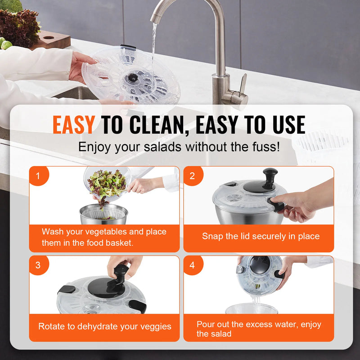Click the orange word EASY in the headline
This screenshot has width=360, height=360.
[x=73, y=124]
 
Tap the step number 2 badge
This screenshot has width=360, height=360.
[x=193, y=176]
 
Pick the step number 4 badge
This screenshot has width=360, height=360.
[x=193, y=265]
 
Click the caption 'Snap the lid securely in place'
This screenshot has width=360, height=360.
[x=261, y=236]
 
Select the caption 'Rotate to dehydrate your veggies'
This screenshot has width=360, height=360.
[x=104, y=326]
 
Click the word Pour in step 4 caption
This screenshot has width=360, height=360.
[x=206, y=324]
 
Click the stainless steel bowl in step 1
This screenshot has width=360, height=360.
[x=103, y=215]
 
